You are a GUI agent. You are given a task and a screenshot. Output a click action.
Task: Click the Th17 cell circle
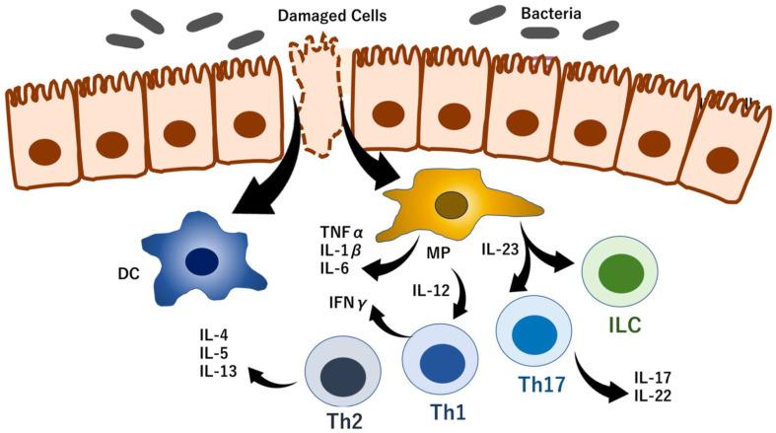(x=533, y=331)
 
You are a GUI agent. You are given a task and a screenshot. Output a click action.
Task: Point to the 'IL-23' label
(x=500, y=250)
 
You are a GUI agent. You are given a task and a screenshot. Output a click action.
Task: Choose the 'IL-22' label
(x=654, y=395)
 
